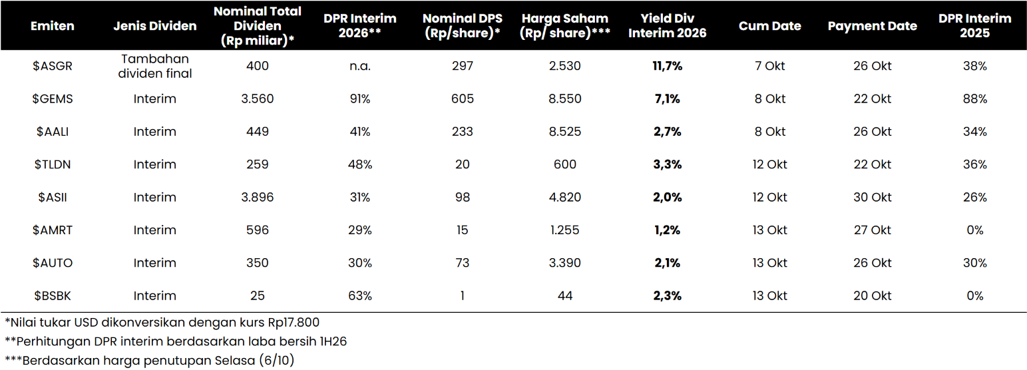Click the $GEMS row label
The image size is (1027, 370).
53,98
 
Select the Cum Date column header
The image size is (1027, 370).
770,26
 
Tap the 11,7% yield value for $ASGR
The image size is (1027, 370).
667,66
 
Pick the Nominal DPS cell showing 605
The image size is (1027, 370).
462,98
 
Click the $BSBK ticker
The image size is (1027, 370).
53,295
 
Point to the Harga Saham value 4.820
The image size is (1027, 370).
565,197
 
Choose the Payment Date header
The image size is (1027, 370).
873,26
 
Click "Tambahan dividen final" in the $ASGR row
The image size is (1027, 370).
155,66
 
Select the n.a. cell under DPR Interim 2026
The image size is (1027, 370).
360,66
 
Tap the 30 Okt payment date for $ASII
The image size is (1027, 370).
873,197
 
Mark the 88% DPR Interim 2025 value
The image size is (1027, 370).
974,98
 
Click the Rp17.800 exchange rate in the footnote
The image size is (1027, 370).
294,322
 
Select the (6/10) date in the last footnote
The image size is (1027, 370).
276,361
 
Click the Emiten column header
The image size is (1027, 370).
53,26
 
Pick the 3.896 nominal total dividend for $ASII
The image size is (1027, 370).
257,197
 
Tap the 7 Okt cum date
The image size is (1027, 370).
770,66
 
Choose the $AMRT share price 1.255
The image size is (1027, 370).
565,230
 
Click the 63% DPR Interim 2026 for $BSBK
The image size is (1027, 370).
360,295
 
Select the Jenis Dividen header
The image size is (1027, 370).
155,26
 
